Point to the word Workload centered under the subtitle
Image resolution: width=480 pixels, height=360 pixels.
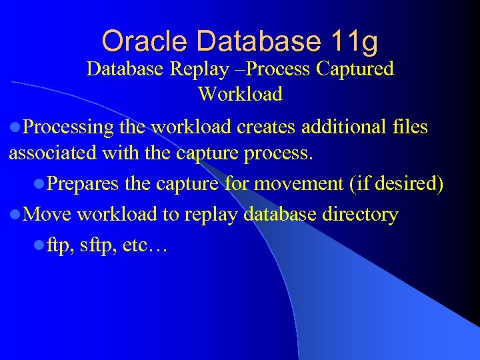pos(240,94)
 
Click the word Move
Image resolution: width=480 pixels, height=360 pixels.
pos(49,215)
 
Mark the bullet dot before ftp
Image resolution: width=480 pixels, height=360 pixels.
pos(41,247)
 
